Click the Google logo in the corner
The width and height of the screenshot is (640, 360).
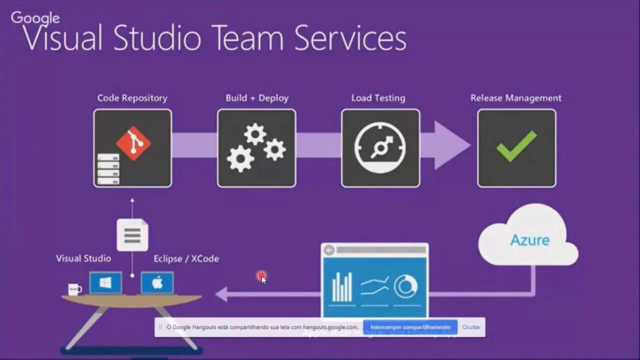pos(35,18)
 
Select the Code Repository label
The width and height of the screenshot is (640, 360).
pos(132,98)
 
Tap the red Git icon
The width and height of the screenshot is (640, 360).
pos(133,143)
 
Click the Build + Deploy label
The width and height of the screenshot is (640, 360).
pos(257,98)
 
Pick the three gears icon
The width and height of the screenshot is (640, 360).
pos(256,148)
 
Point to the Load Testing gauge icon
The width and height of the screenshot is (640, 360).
pos(380,148)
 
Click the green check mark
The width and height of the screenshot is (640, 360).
pos(516,146)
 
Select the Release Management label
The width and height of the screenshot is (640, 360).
pos(516,98)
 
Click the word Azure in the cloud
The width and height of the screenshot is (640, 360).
pos(529,240)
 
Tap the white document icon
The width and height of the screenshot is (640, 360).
pos(132,235)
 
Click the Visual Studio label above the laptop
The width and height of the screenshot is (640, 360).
pos(83,258)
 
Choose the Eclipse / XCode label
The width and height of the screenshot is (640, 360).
pos(186,258)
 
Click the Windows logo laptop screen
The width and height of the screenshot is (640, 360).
pos(105,283)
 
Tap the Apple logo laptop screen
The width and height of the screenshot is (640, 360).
pos(157,283)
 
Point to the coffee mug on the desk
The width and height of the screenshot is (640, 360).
pos(74,289)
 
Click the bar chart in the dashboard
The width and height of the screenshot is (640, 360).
pos(342,287)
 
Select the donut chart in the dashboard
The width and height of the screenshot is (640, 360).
pos(406,286)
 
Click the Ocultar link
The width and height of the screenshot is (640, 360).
pos(471,327)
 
